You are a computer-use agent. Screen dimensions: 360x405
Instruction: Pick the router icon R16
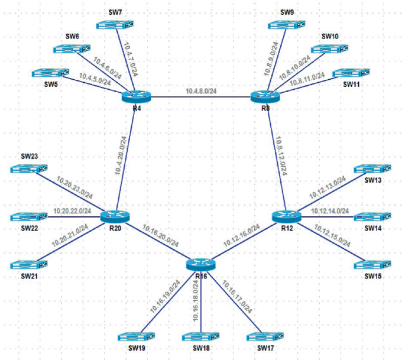coord(199,264)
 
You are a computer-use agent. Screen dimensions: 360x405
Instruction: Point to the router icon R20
coord(114,217)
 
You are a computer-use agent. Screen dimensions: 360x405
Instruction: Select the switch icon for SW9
coord(283,25)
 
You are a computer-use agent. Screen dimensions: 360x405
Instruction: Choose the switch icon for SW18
coord(202,337)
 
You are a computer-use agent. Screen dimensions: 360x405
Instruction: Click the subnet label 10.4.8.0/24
coord(201,92)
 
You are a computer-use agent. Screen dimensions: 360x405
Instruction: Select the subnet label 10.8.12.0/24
coord(280,155)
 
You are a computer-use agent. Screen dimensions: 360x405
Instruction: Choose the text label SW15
coord(372,275)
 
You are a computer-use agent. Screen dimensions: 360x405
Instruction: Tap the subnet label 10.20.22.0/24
coord(72,210)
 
